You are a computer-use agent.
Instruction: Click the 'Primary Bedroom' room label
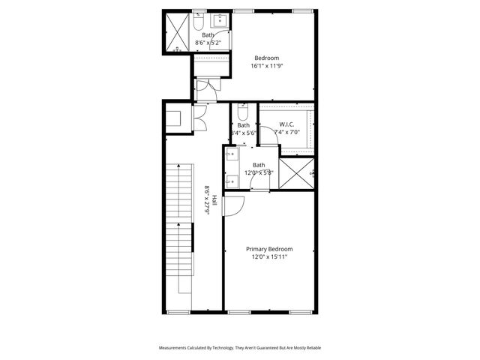(x=269, y=249)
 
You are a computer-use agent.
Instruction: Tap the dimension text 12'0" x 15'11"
(x=269, y=257)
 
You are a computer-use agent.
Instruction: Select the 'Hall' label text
(x=214, y=201)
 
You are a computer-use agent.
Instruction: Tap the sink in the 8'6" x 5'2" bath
(x=221, y=20)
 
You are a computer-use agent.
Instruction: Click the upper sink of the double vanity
(x=231, y=156)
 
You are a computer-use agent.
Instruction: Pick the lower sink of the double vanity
(x=231, y=180)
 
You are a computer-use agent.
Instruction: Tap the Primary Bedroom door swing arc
(x=232, y=205)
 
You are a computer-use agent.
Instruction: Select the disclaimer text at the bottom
(x=239, y=348)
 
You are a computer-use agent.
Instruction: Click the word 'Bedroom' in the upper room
(x=266, y=58)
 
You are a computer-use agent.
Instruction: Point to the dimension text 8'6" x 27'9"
(x=207, y=201)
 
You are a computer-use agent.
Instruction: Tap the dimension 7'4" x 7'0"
(x=286, y=133)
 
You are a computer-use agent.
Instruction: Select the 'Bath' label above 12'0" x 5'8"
(x=258, y=165)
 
